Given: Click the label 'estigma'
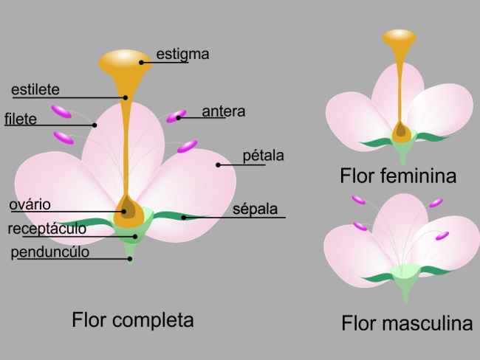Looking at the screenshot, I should click(x=183, y=54).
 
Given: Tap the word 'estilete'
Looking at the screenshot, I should click(x=35, y=90).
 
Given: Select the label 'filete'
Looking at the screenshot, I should click(x=20, y=119).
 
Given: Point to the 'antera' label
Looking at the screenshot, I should click(x=223, y=111).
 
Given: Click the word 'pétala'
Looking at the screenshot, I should click(x=264, y=156).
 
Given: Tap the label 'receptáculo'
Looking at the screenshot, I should click(x=47, y=229).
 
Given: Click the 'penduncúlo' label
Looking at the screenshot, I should click(x=50, y=252).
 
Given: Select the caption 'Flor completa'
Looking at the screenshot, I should click(x=133, y=320).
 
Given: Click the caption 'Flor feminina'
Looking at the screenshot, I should click(x=398, y=176).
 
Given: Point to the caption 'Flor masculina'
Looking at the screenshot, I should click(x=407, y=323).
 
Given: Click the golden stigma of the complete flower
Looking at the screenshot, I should click(x=126, y=61).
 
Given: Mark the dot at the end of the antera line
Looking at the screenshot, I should click(x=179, y=117).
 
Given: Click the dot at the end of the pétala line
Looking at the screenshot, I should click(x=219, y=164).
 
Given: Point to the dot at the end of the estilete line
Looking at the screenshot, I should click(x=126, y=97).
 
